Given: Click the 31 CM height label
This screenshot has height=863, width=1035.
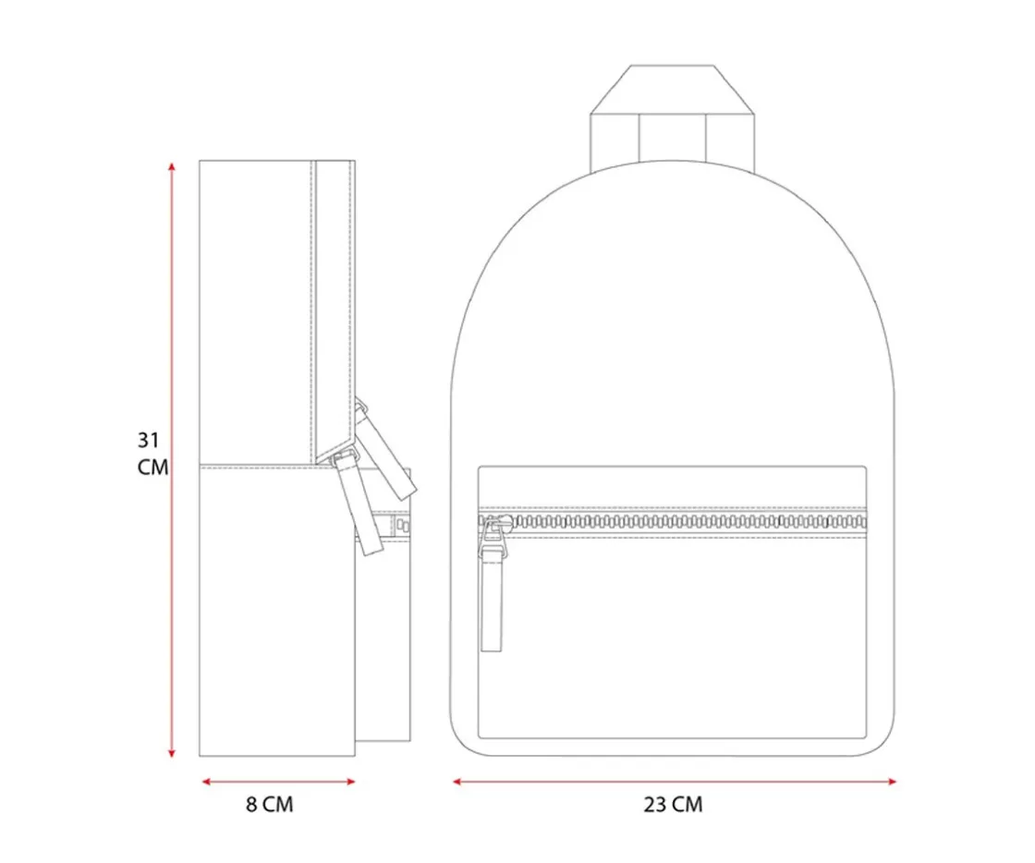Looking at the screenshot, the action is point(152,454).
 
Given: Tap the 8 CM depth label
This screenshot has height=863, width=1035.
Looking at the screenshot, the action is point(269,804).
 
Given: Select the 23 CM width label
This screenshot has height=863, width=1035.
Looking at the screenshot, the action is point(674,804).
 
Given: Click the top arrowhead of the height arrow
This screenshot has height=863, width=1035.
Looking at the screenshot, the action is point(172,165).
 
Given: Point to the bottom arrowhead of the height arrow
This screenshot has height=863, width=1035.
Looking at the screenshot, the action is point(172,753).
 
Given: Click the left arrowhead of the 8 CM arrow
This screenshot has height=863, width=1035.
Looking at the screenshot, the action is point(205,782).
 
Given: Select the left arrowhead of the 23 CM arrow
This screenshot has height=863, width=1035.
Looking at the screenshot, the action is point(457,782).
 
